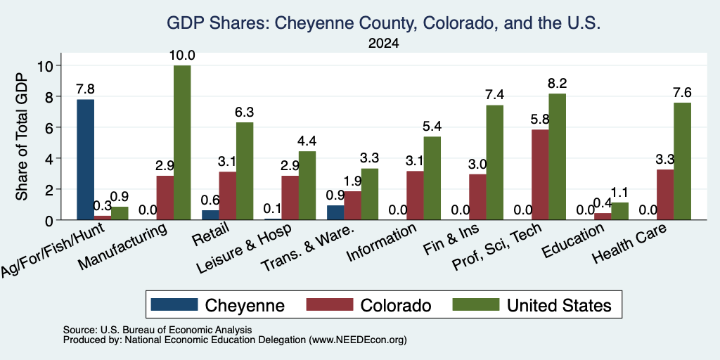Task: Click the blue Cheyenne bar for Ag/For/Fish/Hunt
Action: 85,160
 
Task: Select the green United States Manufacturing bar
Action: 182,143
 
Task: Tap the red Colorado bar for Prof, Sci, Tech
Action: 539,175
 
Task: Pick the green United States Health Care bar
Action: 682,161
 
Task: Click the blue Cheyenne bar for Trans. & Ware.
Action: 335,212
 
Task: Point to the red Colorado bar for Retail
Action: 228,196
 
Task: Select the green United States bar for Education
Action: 620,211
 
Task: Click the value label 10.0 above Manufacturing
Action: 182,56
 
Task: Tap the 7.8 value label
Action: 85,89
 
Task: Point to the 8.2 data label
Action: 558,84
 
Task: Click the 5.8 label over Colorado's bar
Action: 539,120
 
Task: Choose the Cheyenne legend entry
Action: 218,305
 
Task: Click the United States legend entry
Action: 532,305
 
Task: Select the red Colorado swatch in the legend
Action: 329,304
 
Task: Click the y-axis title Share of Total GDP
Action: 22,136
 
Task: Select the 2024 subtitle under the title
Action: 383,44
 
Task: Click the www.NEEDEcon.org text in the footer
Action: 358,340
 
